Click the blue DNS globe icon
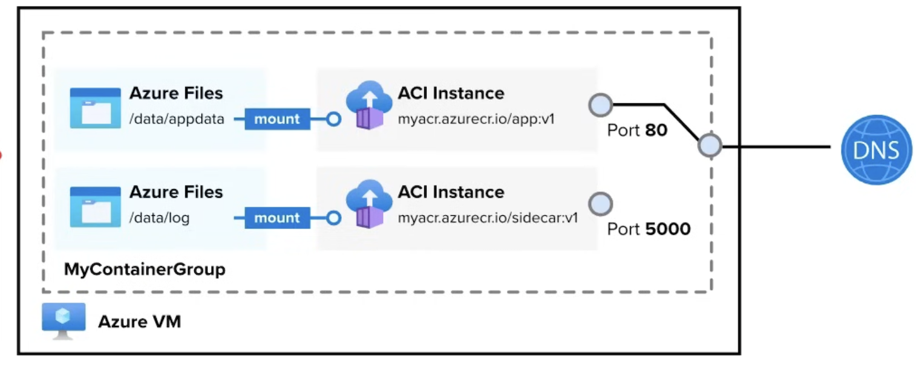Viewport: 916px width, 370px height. (x=876, y=149)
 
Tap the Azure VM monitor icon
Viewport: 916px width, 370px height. (x=64, y=320)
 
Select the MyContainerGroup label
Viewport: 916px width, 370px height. (x=145, y=269)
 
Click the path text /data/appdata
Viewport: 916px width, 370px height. (x=177, y=119)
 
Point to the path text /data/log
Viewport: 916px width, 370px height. (x=159, y=218)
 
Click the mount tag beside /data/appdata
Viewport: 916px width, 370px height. (x=276, y=119)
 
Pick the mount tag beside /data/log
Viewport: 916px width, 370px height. (x=276, y=218)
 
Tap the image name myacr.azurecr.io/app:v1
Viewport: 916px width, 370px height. (x=476, y=119)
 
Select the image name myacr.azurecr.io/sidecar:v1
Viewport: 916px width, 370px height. (x=488, y=218)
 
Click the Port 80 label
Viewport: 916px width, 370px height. (x=637, y=130)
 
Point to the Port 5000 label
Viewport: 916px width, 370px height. (x=649, y=229)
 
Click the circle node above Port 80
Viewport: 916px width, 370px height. (x=600, y=105)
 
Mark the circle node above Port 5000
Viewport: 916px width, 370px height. (x=600, y=204)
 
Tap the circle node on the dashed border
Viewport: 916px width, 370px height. (x=709, y=146)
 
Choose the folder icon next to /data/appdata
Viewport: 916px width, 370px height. (x=95, y=108)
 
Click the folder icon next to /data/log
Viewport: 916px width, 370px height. (x=95, y=207)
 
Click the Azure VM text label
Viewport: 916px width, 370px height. (x=139, y=322)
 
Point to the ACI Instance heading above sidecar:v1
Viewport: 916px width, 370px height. (x=451, y=192)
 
